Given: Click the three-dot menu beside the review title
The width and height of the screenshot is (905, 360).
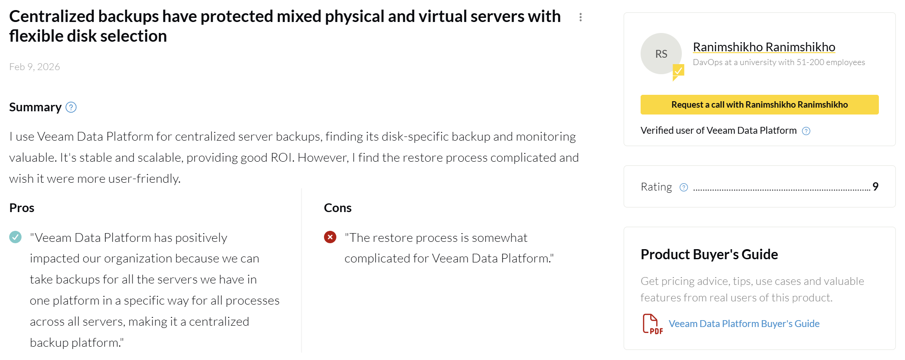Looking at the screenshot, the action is click(x=581, y=17).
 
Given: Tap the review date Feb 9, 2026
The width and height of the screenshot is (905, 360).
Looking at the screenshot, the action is click(x=34, y=67).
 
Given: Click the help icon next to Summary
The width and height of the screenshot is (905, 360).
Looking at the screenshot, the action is click(x=71, y=107).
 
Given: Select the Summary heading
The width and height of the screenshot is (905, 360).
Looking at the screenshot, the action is click(x=35, y=107).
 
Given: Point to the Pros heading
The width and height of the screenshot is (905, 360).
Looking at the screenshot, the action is click(x=22, y=208).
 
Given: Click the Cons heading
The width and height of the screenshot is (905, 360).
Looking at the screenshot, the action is click(x=338, y=208).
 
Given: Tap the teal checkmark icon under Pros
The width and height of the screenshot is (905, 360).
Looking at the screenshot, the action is click(x=16, y=237).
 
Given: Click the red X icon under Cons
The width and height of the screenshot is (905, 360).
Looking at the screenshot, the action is click(x=330, y=237).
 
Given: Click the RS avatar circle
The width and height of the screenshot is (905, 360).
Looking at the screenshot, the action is click(x=661, y=54).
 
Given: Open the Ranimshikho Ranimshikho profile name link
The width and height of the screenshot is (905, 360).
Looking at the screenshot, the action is click(x=764, y=47).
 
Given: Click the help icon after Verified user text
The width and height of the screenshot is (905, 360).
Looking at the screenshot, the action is click(x=806, y=131).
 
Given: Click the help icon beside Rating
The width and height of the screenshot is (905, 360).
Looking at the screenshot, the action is click(x=684, y=187).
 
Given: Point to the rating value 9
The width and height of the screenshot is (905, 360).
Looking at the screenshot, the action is click(x=876, y=186).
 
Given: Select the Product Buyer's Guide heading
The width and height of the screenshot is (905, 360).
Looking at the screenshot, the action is click(x=709, y=254).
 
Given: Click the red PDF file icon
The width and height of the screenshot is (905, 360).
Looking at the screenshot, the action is click(x=653, y=324).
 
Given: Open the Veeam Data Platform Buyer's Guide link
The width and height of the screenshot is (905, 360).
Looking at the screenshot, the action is click(x=744, y=324).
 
